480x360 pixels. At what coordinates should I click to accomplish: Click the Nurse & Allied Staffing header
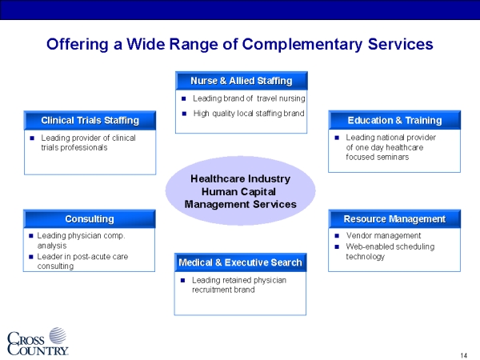coord(242,81)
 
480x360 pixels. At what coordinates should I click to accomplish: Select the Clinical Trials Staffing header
coord(90,121)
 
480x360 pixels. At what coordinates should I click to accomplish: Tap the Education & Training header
coord(394,120)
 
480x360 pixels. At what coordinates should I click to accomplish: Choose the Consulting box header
coord(90,219)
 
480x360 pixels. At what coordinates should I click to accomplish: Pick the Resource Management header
coord(394,219)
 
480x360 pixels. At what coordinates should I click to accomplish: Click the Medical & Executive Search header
coord(240,262)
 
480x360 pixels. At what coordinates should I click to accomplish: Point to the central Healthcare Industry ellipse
coord(240,191)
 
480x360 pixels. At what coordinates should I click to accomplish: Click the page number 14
coord(464,355)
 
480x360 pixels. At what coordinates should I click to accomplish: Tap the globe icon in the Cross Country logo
coord(58,335)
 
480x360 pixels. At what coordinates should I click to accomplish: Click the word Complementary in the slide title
coord(302,44)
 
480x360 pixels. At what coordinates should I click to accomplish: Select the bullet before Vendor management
coord(337,236)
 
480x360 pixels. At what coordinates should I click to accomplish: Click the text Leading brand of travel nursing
coord(249,98)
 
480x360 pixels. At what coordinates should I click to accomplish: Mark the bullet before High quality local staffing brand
coord(184,114)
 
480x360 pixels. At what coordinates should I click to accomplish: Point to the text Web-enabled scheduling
coord(390,246)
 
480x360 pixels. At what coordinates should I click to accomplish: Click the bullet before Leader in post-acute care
coord(30,257)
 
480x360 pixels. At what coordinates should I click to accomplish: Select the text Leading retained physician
coord(239,280)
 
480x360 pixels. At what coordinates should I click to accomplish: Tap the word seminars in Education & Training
coord(393,157)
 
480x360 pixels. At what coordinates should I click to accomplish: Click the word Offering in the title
coord(78,44)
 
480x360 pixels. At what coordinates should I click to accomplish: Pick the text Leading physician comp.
coord(81,236)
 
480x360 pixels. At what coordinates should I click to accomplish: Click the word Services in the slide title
coord(401,44)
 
